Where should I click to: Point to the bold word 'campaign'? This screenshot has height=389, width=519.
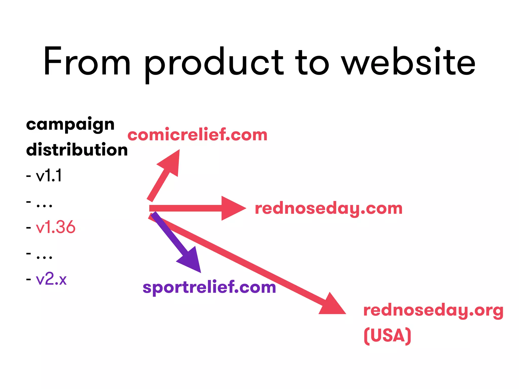70,125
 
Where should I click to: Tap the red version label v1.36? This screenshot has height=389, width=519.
55,227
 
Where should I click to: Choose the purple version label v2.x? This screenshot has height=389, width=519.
51,279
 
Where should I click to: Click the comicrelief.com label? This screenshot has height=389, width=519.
197,135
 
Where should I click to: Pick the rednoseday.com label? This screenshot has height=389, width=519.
329,209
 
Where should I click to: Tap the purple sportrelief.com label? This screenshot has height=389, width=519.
209,287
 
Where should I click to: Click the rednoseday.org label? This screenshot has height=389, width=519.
433,310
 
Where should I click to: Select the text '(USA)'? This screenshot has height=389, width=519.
387,336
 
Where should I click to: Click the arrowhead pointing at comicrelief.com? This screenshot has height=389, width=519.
171,162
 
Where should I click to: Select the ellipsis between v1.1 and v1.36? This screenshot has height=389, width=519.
44,205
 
